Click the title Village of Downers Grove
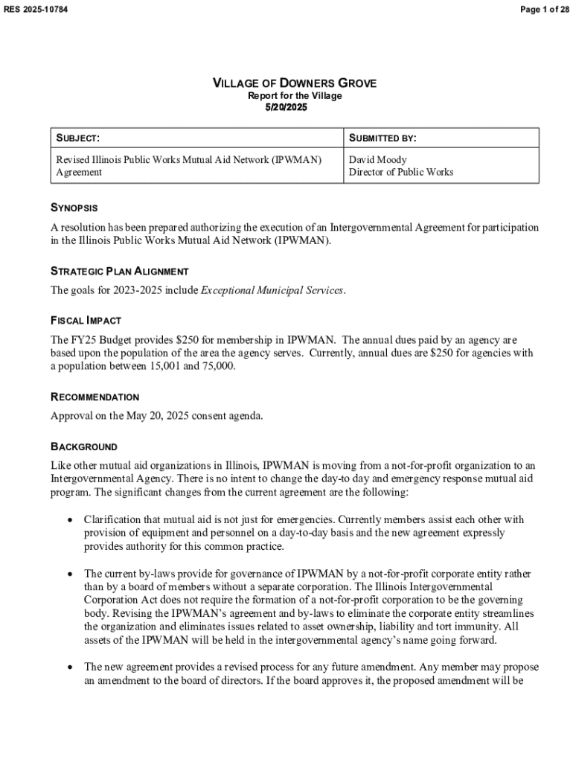coord(295,83)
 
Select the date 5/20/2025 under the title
coord(286,108)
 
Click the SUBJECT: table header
coord(78,138)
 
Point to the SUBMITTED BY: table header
coord(382,138)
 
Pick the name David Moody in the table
coord(378,159)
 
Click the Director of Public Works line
coord(401,172)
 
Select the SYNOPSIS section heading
coord(74,208)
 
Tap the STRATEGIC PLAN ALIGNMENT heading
coord(119,271)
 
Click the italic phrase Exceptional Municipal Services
coord(272,290)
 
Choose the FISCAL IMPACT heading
coord(86,321)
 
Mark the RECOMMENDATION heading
coord(95,397)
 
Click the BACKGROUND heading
coord(83,447)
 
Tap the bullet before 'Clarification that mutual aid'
coord(69,519)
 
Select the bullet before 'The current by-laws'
coord(69,574)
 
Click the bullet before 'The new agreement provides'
coord(69,667)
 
